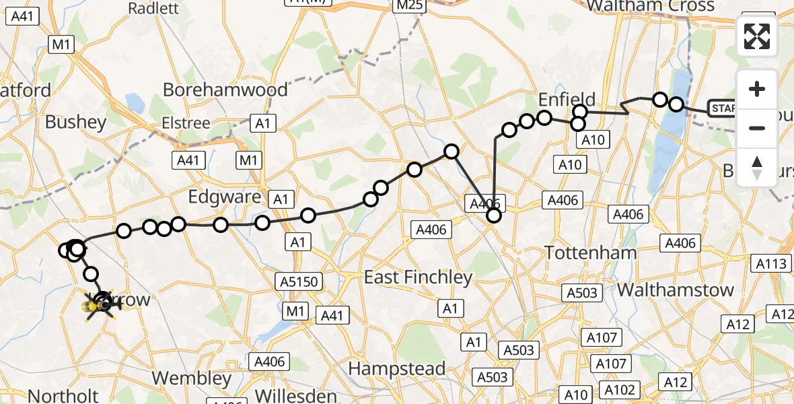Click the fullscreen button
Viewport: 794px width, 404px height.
click(x=757, y=36)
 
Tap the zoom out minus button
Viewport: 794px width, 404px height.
click(x=757, y=128)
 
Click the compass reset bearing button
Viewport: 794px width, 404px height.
click(x=757, y=167)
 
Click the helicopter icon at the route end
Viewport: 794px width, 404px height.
click(x=100, y=305)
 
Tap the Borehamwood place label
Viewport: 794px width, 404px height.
click(x=225, y=90)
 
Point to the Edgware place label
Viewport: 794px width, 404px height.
click(x=224, y=197)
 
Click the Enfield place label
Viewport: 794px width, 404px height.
click(x=567, y=100)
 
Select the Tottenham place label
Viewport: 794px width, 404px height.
click(x=590, y=253)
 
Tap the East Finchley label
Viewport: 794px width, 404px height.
click(x=418, y=277)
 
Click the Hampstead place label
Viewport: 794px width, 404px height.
click(x=396, y=368)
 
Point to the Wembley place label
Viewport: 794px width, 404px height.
click(x=191, y=378)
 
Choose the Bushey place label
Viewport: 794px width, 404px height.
click(x=75, y=122)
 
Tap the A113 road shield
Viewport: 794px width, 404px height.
click(x=771, y=264)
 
